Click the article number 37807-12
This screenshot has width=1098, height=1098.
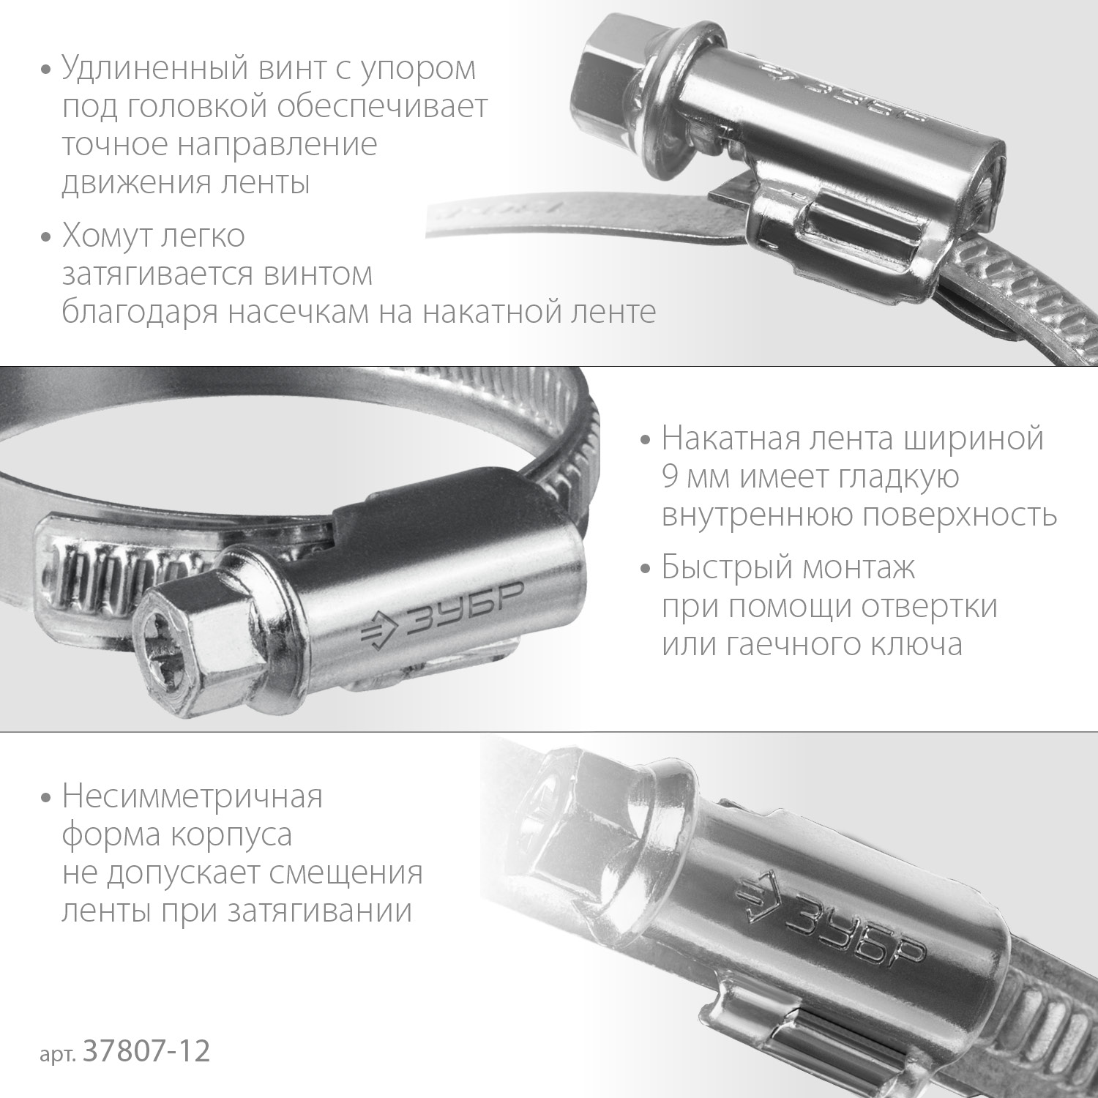pyautogui.click(x=147, y=1052)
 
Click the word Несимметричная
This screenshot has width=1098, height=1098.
pyautogui.click(x=192, y=796)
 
